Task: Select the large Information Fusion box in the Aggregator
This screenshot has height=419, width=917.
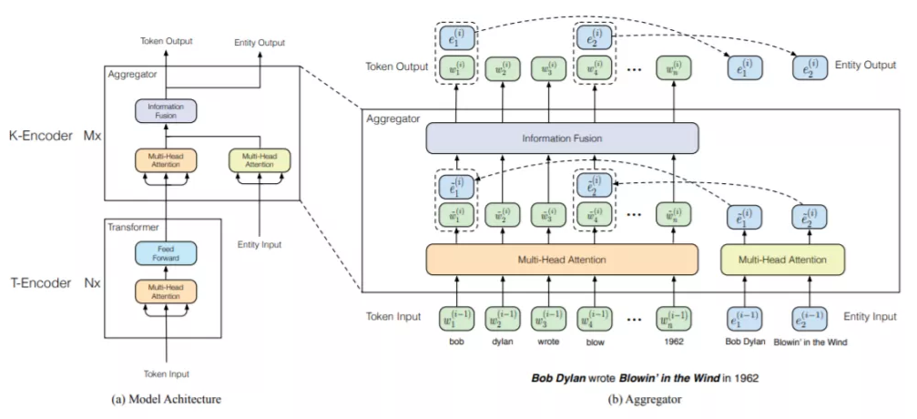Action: pyautogui.click(x=561, y=138)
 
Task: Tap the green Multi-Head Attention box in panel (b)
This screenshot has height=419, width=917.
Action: pyautogui.click(x=782, y=260)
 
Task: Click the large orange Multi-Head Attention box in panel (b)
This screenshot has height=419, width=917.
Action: pyautogui.click(x=561, y=260)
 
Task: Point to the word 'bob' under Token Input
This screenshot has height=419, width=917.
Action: pyautogui.click(x=453, y=342)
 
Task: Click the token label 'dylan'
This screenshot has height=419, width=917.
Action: pyautogui.click(x=503, y=342)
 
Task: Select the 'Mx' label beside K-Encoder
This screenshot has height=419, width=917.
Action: pyautogui.click(x=92, y=135)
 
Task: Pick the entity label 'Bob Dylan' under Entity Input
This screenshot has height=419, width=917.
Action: pyautogui.click(x=746, y=342)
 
